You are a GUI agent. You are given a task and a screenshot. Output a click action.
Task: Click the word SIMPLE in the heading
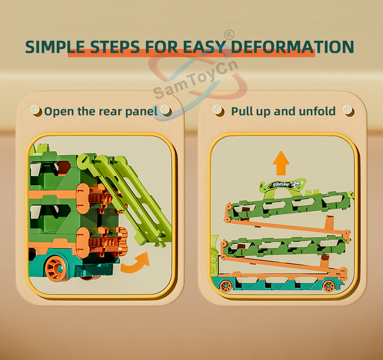(x=55, y=47)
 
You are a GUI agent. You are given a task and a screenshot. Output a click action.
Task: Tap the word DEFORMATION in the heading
(x=292, y=47)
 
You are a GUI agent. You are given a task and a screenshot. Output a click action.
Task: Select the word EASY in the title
(x=204, y=47)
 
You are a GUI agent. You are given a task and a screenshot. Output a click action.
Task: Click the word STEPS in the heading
(x=115, y=47)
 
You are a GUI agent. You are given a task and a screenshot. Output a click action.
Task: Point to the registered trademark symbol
(x=229, y=35)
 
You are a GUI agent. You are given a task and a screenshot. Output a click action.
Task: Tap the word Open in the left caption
(x=59, y=112)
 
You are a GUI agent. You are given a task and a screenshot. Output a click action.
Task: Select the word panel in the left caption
(x=142, y=112)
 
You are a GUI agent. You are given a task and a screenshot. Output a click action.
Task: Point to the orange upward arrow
(x=281, y=163)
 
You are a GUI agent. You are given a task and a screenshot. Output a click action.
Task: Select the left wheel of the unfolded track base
(x=226, y=286)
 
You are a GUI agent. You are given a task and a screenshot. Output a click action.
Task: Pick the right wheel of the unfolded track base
(x=329, y=286)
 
